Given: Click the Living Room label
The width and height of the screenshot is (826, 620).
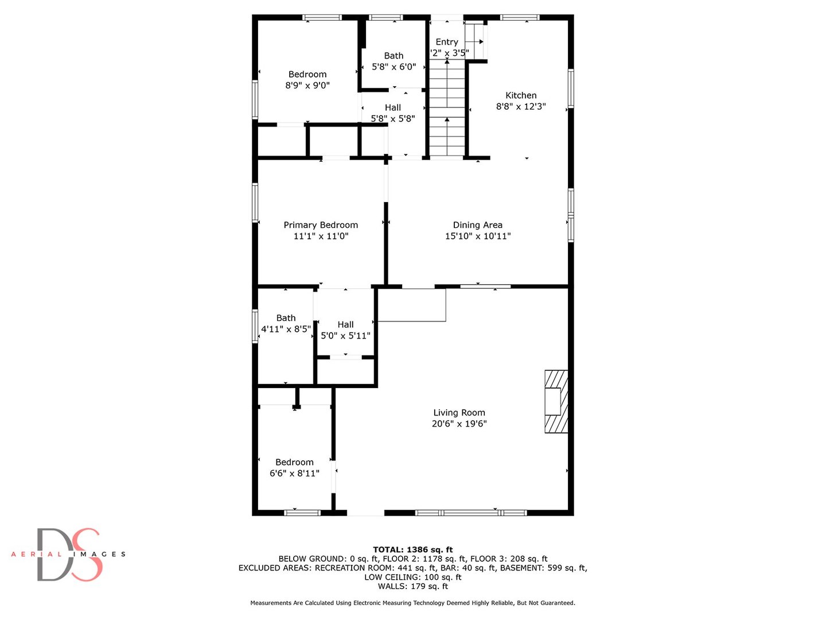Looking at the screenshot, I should tap(459, 413).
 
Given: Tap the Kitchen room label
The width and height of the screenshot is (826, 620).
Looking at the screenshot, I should tap(521, 95).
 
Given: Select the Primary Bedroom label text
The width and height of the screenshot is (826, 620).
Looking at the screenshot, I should tap(321, 225).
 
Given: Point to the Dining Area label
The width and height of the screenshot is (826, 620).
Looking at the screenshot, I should tap(478, 225).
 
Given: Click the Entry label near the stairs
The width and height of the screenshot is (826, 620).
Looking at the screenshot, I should tap(447, 42).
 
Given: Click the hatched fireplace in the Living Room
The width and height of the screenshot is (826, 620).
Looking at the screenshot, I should tap(556, 401).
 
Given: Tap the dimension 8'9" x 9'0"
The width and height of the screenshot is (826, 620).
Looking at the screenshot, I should tap(307, 86).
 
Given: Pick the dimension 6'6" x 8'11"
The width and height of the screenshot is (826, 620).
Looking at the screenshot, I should tap(294, 474).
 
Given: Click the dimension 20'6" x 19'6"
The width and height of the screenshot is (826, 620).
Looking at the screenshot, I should tap(459, 424).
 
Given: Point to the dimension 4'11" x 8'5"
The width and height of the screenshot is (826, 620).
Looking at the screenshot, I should tap(286, 330).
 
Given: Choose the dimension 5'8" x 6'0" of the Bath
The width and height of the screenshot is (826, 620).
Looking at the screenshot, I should tap(393, 67).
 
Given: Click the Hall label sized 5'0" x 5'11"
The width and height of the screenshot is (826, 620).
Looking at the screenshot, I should tap(345, 325).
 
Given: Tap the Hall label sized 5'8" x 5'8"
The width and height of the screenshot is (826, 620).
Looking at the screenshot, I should tap(393, 108).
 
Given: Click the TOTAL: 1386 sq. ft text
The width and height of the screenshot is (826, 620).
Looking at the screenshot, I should tap(413, 549).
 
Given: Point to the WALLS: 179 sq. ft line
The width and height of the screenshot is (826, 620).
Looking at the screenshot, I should tap(413, 586).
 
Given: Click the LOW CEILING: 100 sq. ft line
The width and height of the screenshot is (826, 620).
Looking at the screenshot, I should tap(413, 577).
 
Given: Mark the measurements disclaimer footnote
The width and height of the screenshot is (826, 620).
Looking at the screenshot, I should tap(413, 603).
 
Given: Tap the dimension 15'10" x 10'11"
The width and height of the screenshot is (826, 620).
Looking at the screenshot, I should tap(478, 236).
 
